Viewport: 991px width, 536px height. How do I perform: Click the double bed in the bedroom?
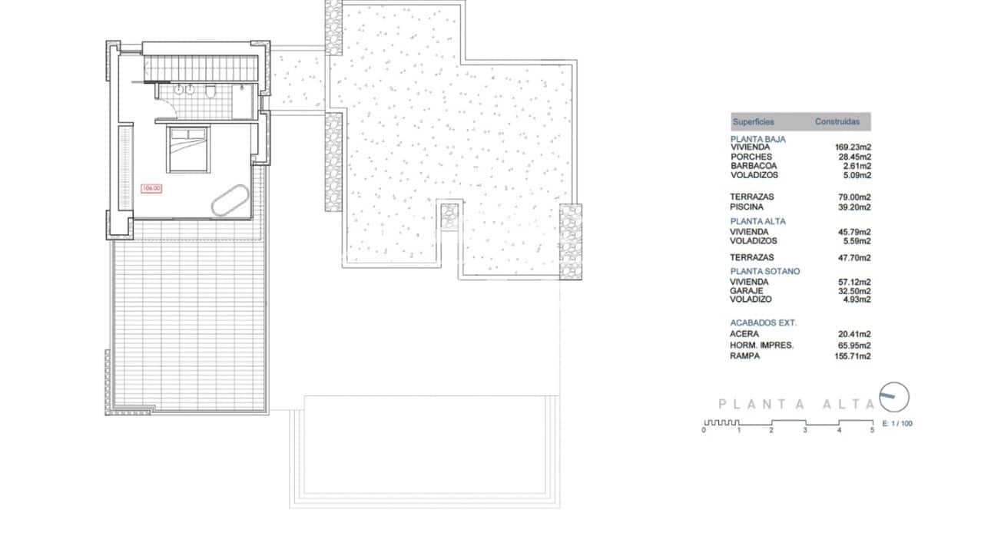tap(188, 150)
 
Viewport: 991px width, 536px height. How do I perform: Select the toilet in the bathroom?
tap(209, 92)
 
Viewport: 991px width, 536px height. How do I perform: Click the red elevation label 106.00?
tap(151, 187)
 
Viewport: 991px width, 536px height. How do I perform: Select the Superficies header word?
tap(753, 122)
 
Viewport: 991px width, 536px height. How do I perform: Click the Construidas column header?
tap(837, 122)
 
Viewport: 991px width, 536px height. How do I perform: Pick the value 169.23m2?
tap(852, 147)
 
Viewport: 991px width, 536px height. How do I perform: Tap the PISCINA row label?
tap(746, 207)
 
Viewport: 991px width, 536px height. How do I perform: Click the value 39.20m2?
tap(854, 207)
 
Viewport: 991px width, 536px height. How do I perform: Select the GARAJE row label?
tap(746, 291)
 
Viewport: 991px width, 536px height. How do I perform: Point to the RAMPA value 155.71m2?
tap(852, 356)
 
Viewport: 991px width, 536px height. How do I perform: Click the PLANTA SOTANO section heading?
tap(764, 271)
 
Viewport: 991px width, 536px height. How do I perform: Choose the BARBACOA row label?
tap(753, 166)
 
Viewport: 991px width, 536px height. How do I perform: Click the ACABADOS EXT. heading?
tap(763, 323)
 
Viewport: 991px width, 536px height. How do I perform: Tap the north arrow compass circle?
tap(893, 396)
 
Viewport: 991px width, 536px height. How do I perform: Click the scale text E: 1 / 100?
tap(897, 424)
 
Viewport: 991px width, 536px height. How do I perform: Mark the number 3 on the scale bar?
tap(805, 431)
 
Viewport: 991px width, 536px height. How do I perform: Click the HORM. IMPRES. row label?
tap(761, 346)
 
